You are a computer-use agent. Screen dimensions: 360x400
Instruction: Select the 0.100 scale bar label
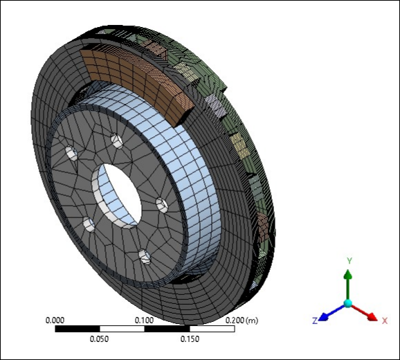coord(144,321)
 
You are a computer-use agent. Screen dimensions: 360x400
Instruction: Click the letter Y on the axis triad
coord(349,260)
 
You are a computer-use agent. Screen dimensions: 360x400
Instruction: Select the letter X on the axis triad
coord(384,321)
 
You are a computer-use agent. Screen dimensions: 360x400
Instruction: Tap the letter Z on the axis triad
coord(315,321)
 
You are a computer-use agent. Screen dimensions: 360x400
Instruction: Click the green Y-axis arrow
coord(348,284)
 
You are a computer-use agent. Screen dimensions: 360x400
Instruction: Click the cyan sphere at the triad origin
coord(348,304)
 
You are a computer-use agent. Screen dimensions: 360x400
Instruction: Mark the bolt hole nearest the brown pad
coord(116,141)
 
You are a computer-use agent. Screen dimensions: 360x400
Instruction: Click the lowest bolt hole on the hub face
coord(144,257)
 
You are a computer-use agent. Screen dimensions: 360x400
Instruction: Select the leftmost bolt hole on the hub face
coord(71,154)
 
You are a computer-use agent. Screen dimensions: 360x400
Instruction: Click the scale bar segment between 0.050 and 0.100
coord(122,329)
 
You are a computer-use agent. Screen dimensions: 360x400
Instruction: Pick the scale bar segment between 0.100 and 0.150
coord(167,329)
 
